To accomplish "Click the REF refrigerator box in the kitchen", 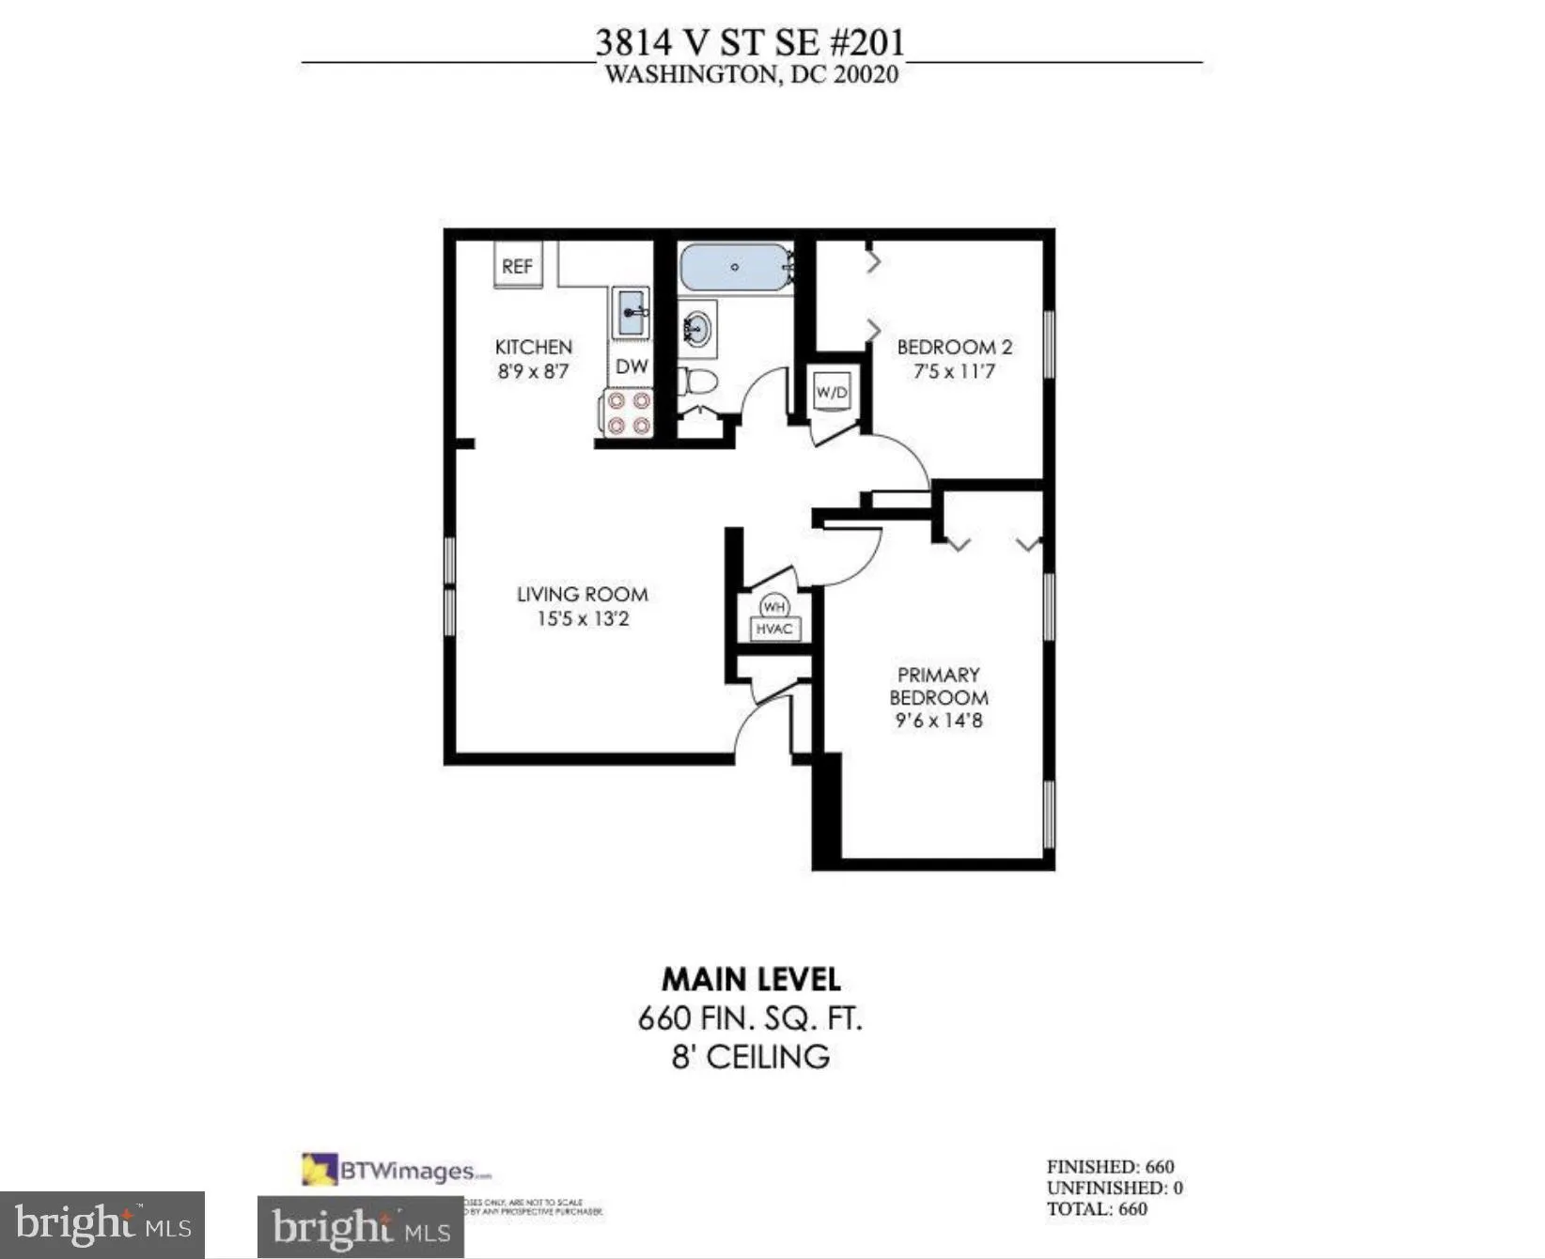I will coord(518,267).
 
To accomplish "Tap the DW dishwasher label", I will coord(632,366).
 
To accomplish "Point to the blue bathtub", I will coord(735,268).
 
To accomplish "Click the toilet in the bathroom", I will coord(698,381).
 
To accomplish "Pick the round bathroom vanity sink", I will coord(697,329).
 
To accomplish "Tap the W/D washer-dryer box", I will coord(832,392).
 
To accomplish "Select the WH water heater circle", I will coord(773,606).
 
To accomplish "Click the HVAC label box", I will coord(774,629).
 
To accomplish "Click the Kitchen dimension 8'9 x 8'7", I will coord(533,371).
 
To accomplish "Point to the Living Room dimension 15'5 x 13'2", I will coord(583,618).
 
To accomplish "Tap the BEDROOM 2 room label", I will coord(954,347).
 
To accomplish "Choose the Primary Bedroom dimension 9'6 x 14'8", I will coord(938,721).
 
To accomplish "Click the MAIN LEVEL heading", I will coord(751,979).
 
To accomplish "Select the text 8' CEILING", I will coord(750,1057).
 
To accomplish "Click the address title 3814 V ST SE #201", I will coord(750,42).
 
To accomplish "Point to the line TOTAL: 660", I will coord(1097,1209).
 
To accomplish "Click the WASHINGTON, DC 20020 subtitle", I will coord(751,75).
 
